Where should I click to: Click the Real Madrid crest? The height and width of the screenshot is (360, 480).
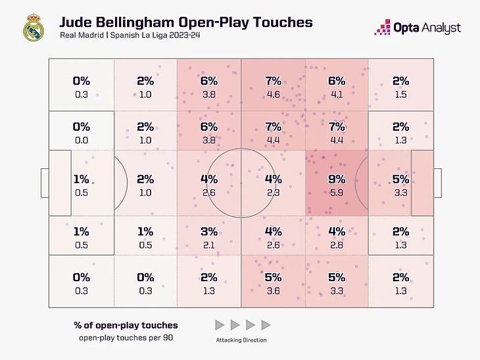pyautogui.click(x=32, y=28)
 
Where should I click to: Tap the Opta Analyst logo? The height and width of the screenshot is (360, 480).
pyautogui.click(x=418, y=28)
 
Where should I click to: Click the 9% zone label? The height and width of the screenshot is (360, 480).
pyautogui.click(x=337, y=179)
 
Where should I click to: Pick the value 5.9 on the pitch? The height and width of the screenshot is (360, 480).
pyautogui.click(x=337, y=192)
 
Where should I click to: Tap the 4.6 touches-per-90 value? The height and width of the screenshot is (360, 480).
pyautogui.click(x=273, y=95)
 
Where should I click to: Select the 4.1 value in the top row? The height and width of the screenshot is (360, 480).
pyautogui.click(x=337, y=95)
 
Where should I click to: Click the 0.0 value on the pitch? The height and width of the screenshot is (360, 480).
pyautogui.click(x=82, y=140)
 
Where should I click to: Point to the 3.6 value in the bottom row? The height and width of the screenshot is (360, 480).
pyautogui.click(x=273, y=291)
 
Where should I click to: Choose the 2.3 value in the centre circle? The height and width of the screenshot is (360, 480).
pyautogui.click(x=273, y=192)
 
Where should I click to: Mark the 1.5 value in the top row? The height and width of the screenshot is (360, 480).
pyautogui.click(x=400, y=95)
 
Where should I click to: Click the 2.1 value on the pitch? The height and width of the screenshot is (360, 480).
pyautogui.click(x=209, y=245)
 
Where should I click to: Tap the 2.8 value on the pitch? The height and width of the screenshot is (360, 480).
pyautogui.click(x=337, y=245)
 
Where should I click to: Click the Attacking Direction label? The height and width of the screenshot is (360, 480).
pyautogui.click(x=241, y=340)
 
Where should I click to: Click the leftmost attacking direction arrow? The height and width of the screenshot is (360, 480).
pyautogui.click(x=219, y=325)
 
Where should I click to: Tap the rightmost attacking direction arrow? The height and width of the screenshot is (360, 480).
pyautogui.click(x=266, y=325)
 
